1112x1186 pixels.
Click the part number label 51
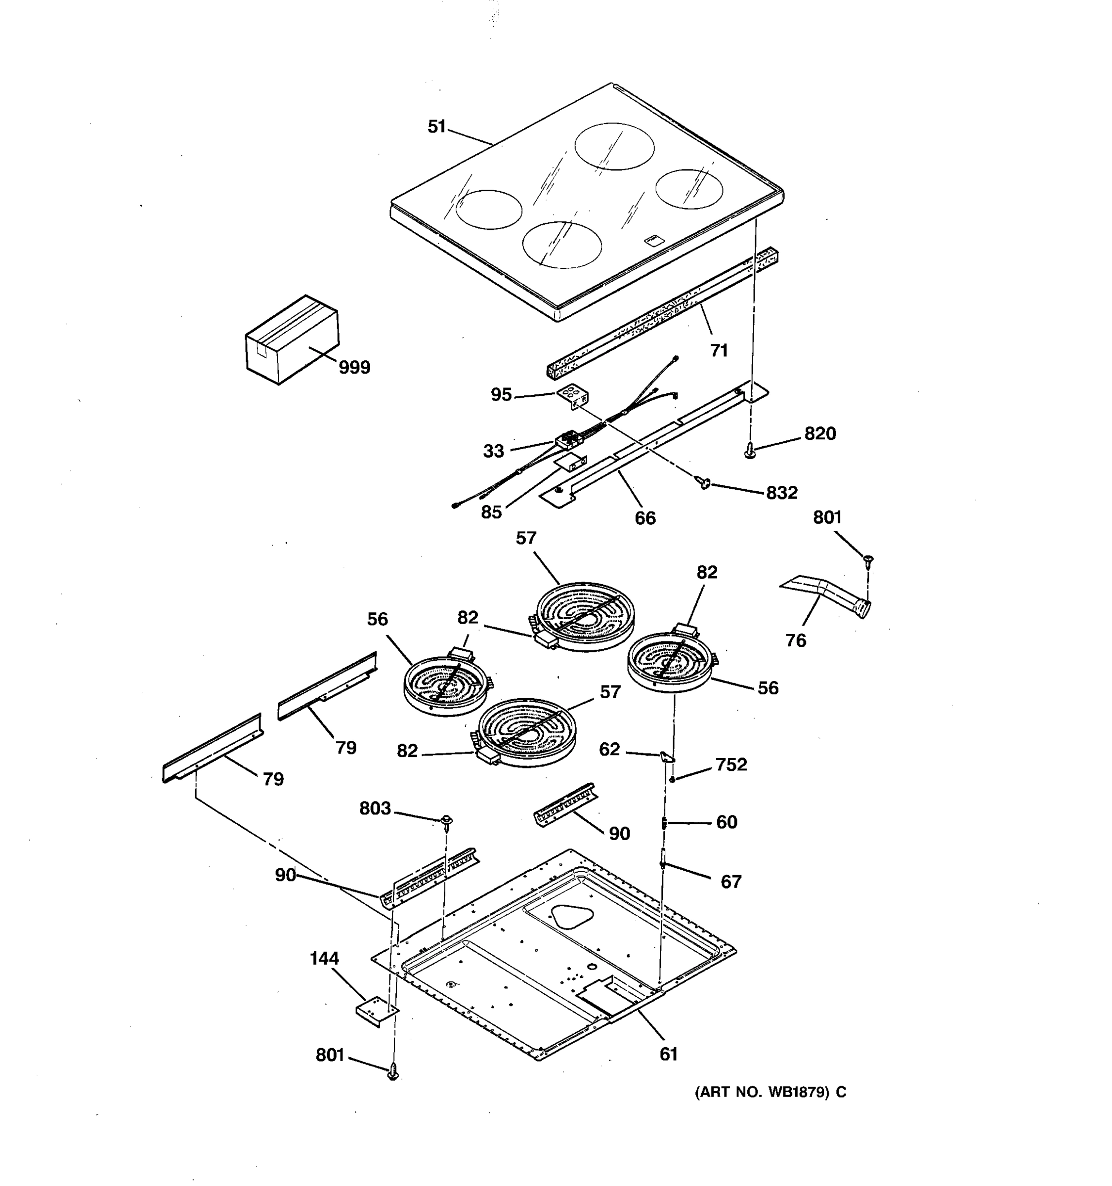click(437, 127)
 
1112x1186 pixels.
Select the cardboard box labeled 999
click(292, 339)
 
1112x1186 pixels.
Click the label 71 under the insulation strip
click(719, 351)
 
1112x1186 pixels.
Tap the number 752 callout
click(731, 765)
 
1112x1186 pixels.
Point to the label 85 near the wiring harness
click(492, 512)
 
